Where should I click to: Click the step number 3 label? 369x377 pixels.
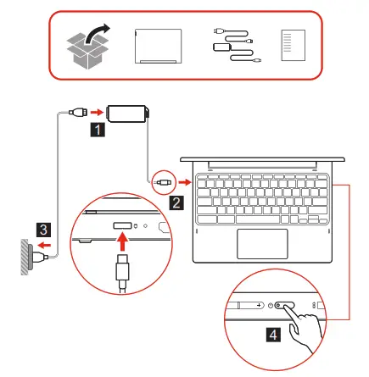[x=42, y=228]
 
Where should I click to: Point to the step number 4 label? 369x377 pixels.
[x=272, y=335]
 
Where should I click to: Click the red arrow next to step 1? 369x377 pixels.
[x=98, y=111]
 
